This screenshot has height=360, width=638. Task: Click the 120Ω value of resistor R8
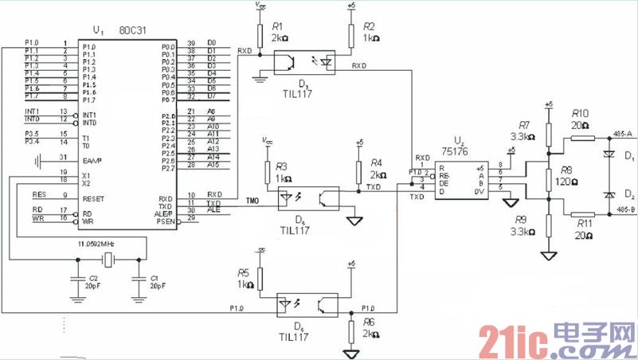[x=568, y=182]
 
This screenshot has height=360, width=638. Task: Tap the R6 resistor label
[x=368, y=322]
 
